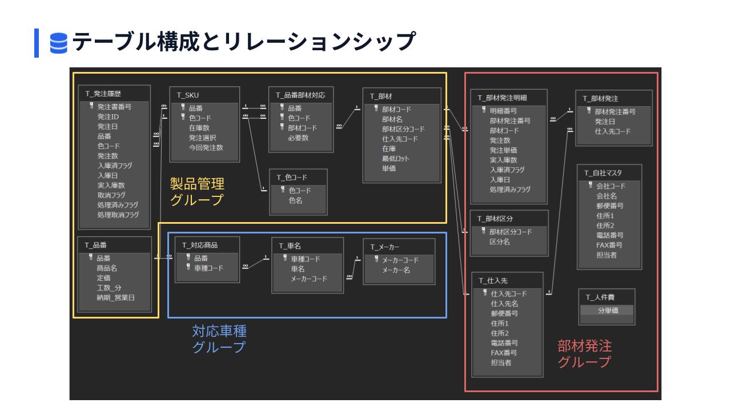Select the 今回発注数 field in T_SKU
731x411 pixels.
click(206, 147)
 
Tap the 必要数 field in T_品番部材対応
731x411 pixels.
click(298, 138)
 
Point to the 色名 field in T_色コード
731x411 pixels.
click(296, 200)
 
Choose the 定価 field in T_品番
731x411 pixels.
click(103, 277)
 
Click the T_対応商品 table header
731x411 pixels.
click(200, 245)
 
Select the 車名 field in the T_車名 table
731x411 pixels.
click(298, 268)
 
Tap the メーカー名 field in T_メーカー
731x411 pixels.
click(396, 270)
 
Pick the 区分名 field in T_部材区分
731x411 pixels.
click(500, 242)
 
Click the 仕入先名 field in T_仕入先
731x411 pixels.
click(504, 304)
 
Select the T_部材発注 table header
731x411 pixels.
click(600, 99)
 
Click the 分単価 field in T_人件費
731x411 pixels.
click(608, 311)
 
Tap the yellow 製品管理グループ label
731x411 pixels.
click(197, 192)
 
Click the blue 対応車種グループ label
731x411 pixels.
click(219, 339)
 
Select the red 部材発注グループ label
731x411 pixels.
click(584, 353)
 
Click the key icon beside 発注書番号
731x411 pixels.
click(91, 106)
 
